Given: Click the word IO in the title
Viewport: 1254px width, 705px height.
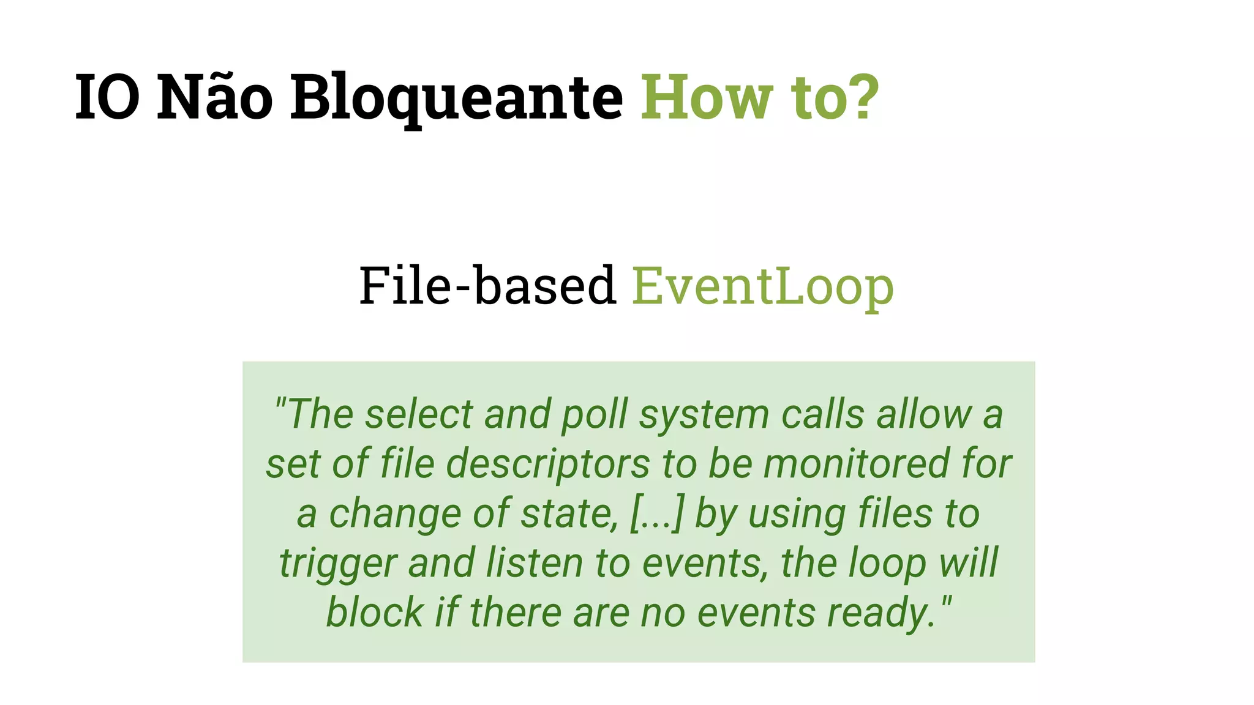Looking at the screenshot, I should click(107, 98).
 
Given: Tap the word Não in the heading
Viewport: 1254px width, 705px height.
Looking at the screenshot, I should click(215, 98).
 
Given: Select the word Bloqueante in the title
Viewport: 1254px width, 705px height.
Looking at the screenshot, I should click(456, 98).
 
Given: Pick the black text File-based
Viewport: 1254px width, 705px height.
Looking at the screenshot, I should click(487, 285).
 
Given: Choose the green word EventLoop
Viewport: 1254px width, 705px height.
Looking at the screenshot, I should click(763, 286).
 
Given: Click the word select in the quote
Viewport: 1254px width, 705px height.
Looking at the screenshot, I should click(419, 414).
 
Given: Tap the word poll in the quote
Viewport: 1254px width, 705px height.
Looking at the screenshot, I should click(595, 414).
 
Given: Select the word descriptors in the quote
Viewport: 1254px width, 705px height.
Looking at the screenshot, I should click(548, 464).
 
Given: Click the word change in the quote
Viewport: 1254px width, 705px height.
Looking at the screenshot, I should click(395, 513).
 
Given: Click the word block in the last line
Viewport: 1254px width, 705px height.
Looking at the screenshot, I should click(375, 613).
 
